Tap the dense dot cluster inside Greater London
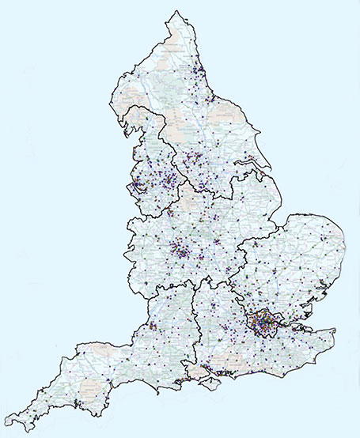click(260, 322)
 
